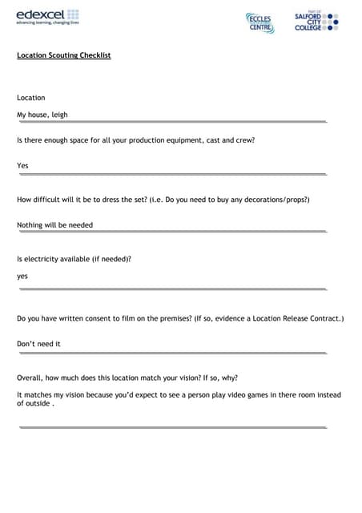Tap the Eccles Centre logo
coord(259,22)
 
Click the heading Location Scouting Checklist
coord(63,55)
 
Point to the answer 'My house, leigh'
coord(42,115)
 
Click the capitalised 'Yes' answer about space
coord(22,166)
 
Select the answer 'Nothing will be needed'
coord(54,225)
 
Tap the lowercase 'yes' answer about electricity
coord(22,277)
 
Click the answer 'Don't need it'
coord(38,344)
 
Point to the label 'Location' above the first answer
coord(31,98)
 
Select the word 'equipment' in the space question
coord(178,140)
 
